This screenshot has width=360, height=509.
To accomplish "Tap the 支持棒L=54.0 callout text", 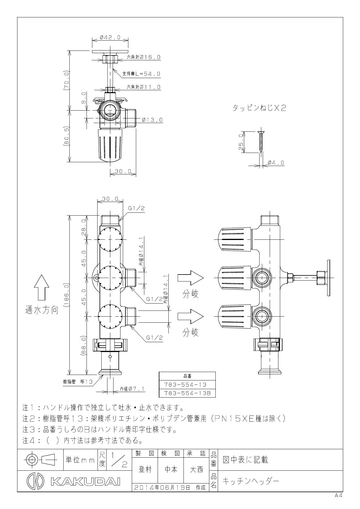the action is tap(141, 74).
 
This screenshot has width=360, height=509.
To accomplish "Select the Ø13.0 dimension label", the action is tap(152, 120).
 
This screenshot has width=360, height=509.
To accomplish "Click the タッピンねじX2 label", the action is tap(260, 108).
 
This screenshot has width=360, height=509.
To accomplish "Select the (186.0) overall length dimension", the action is tap(67, 295).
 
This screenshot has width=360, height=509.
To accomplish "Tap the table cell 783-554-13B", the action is tap(187, 393).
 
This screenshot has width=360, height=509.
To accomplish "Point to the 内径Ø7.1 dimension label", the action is tap(132, 389).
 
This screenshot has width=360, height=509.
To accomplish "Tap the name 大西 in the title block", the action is tap(196, 470).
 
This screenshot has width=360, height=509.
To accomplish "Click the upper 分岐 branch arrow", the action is tap(190, 278).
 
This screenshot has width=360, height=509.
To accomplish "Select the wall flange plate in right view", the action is tap(329, 278).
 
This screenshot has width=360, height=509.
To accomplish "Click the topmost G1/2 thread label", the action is tap(136, 208).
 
